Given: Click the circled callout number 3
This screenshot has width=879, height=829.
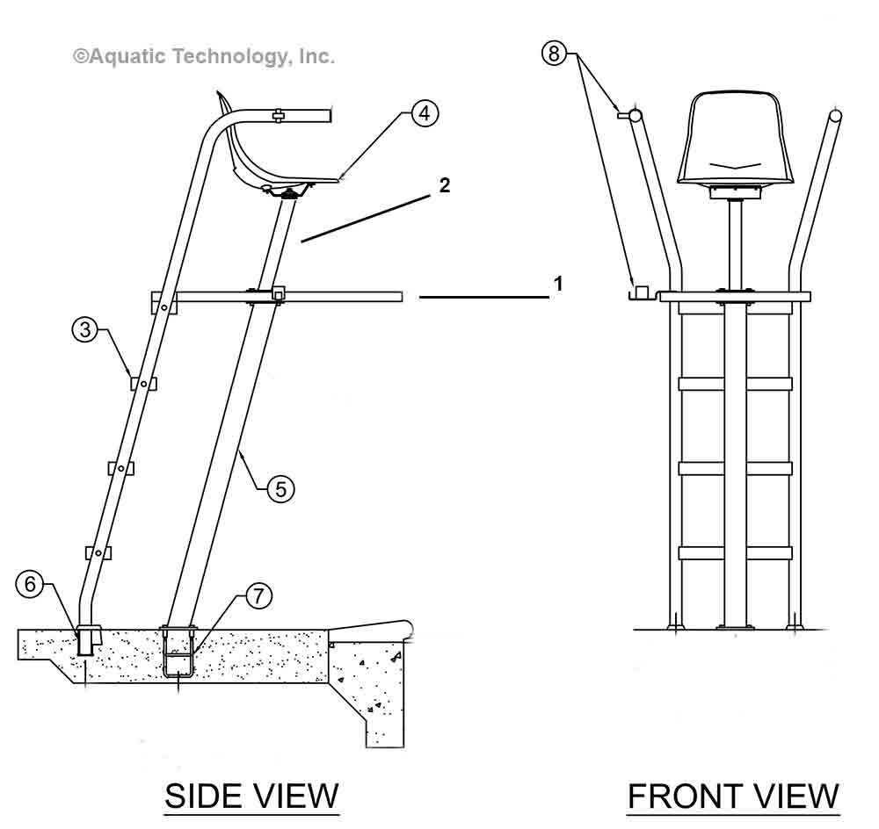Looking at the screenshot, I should (85, 330).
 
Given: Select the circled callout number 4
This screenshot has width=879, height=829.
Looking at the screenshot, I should (424, 112).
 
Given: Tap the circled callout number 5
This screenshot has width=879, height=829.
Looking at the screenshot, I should (280, 488).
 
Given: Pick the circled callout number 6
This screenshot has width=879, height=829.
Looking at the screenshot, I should (31, 585).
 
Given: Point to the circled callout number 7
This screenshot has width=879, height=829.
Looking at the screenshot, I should (257, 596).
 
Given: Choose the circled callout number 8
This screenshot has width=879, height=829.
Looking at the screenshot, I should (554, 54).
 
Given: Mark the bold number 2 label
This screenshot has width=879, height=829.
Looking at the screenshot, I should (445, 185).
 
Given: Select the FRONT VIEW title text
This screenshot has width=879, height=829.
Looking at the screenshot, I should (733, 796).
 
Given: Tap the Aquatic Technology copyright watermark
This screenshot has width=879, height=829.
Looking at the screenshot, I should (203, 56).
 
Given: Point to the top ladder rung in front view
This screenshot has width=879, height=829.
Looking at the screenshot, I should (735, 384).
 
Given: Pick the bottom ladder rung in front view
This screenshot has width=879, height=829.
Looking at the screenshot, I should (735, 553).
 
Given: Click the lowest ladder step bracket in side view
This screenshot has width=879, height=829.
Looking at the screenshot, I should (98, 552).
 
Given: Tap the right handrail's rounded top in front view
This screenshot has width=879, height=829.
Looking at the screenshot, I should (835, 115).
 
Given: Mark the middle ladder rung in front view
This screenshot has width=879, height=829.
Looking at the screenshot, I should (735, 468).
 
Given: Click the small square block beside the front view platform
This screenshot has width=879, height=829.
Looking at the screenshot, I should (642, 291).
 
